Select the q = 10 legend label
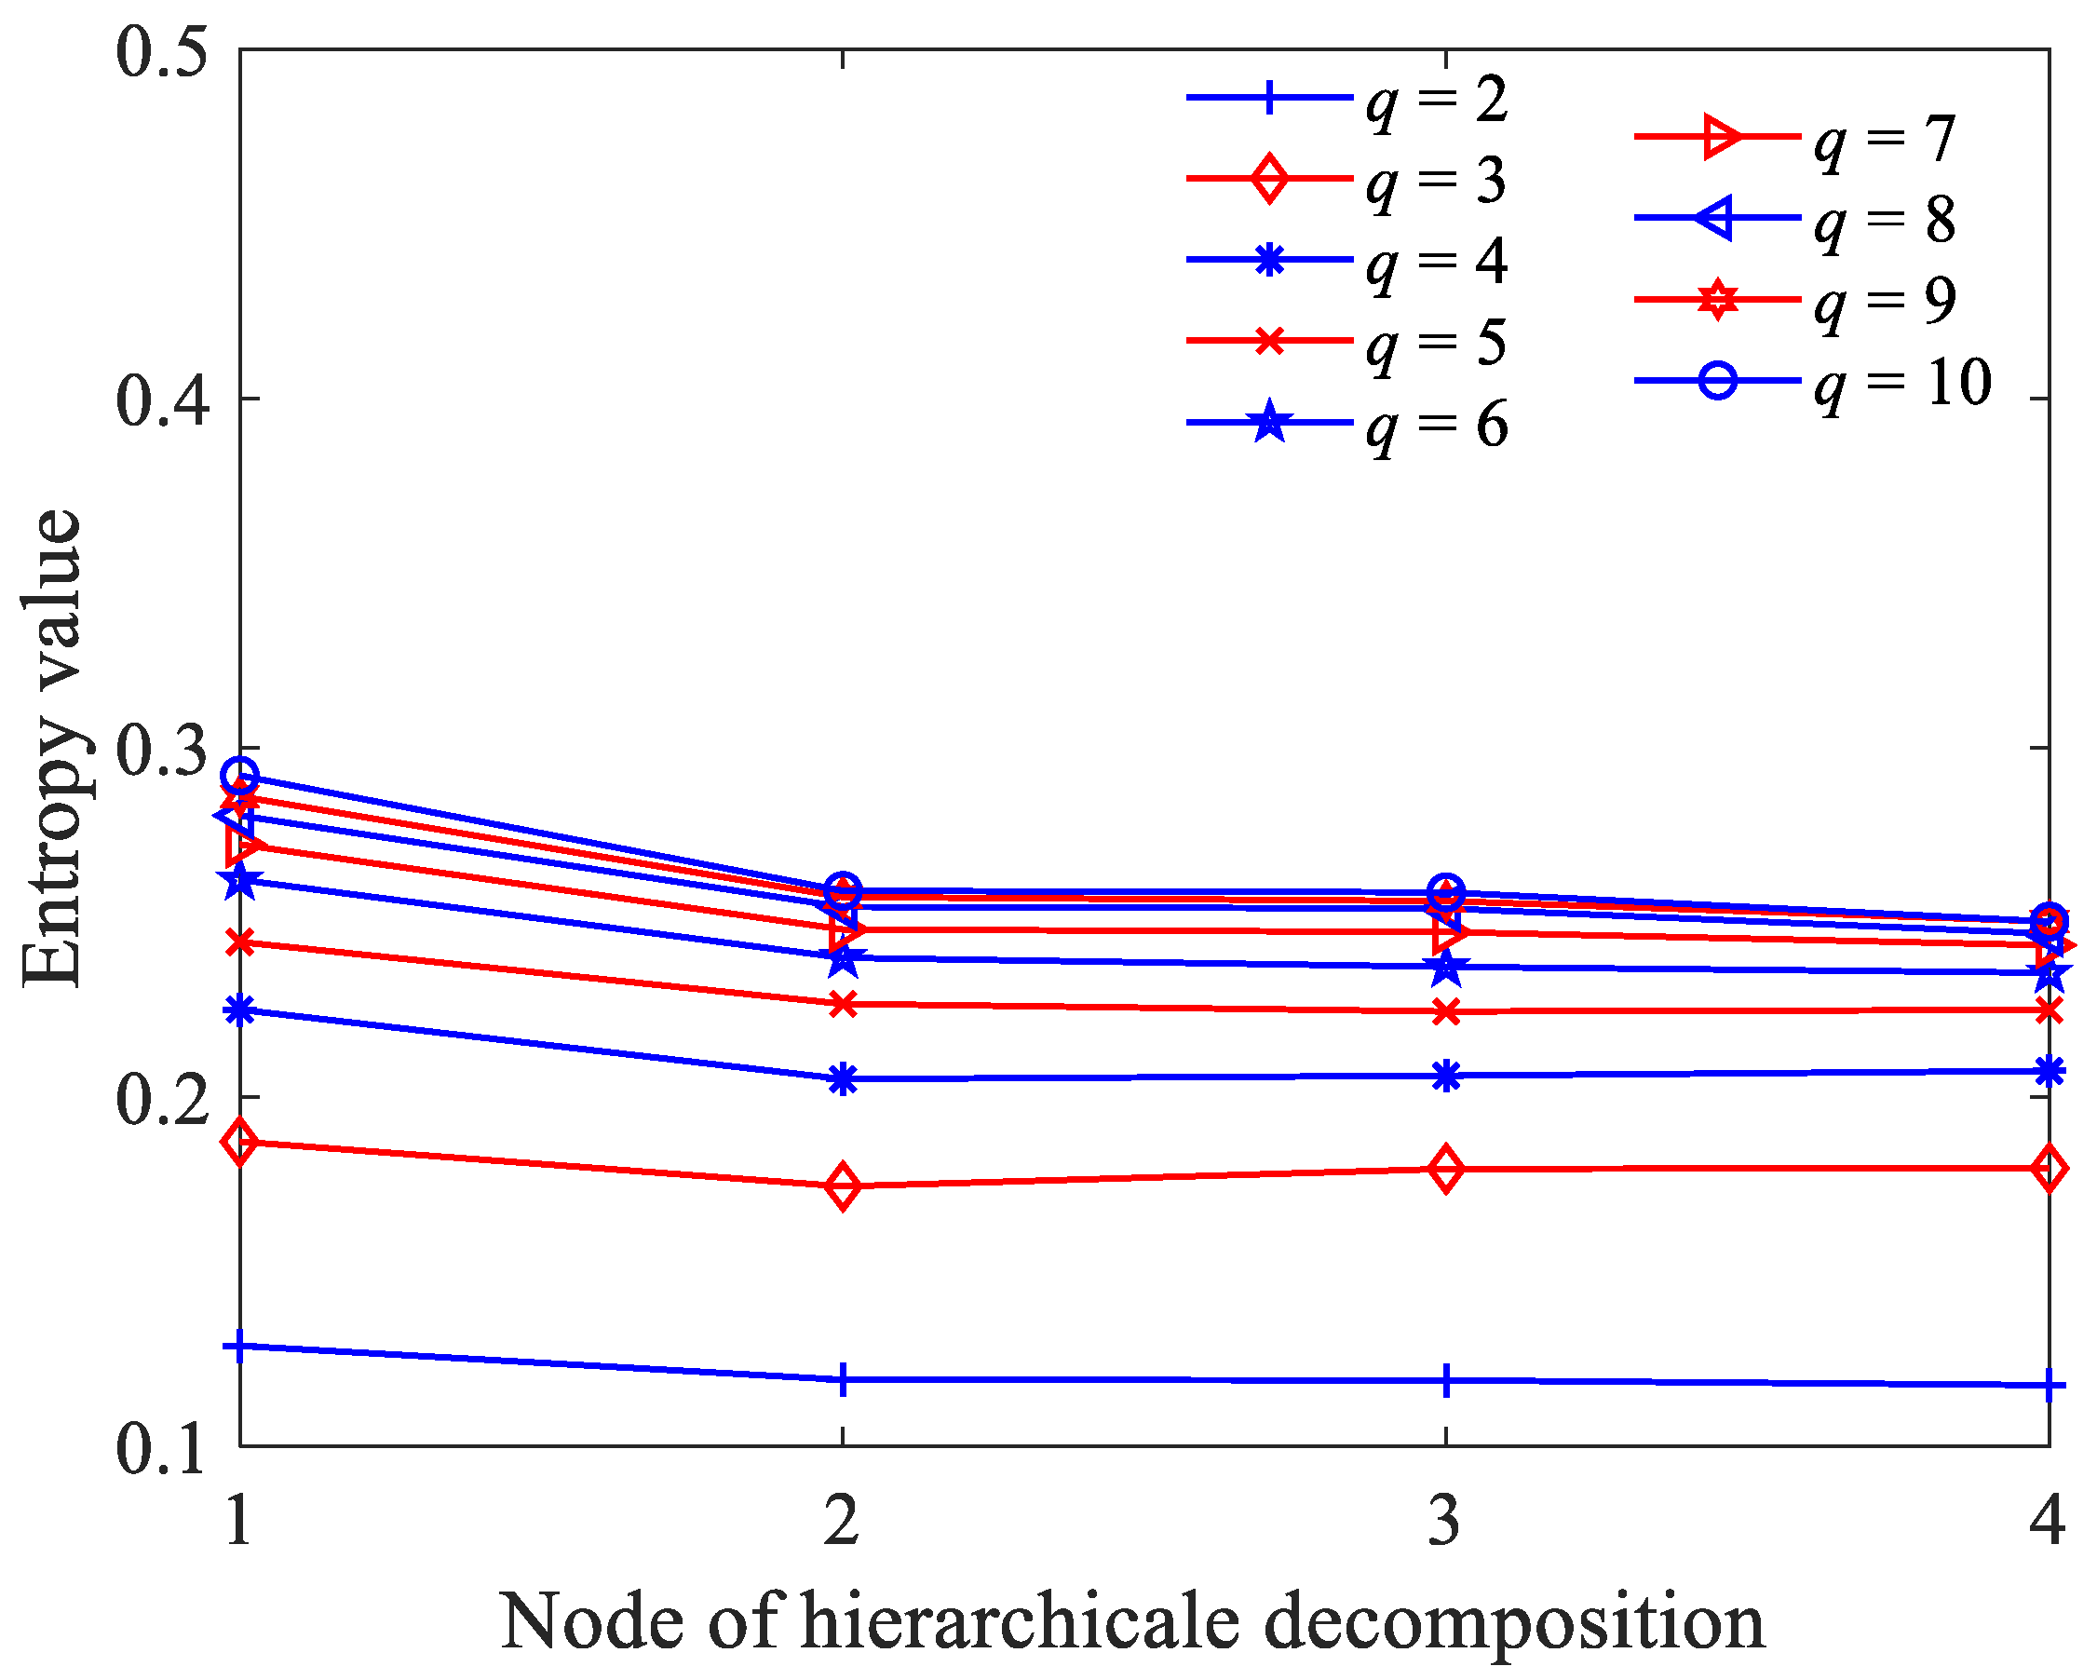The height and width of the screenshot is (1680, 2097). click(x=1901, y=383)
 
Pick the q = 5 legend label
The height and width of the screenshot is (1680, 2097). click(x=1436, y=343)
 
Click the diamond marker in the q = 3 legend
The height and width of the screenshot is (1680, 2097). click(x=1269, y=179)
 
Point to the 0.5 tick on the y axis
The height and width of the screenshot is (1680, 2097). click(x=161, y=50)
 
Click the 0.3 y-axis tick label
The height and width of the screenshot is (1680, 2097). click(x=161, y=749)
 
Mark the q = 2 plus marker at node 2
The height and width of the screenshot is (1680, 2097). click(x=843, y=1380)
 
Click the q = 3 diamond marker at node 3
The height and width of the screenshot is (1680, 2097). click(x=1446, y=1170)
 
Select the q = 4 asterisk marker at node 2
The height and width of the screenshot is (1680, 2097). click(x=843, y=1078)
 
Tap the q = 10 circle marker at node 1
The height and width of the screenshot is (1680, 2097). click(x=240, y=777)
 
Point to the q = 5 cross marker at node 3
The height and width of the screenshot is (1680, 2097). click(x=1446, y=1012)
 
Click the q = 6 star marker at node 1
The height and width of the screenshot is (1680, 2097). click(x=240, y=881)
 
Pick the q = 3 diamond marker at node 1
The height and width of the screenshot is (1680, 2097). click(x=240, y=1141)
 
